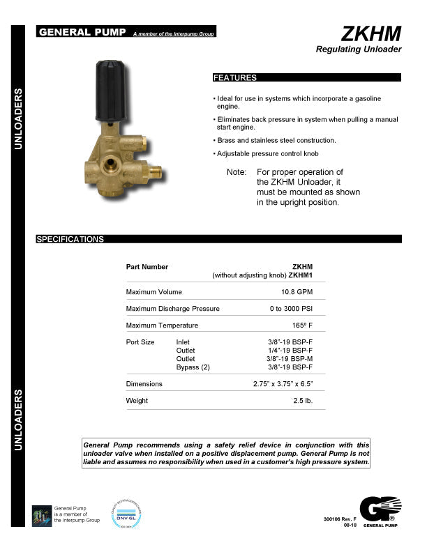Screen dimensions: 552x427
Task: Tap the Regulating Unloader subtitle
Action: [359, 49]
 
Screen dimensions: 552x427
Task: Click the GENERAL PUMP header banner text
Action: [82, 32]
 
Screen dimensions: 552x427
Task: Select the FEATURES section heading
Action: [235, 78]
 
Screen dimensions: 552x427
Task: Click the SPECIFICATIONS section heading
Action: [70, 239]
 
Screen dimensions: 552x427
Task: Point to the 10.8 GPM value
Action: [297, 291]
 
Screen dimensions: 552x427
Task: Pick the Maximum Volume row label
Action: [153, 291]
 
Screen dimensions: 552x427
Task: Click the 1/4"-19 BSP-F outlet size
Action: [291, 351]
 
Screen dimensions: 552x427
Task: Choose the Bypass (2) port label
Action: [193, 367]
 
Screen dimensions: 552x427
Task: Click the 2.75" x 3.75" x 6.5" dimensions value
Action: [283, 384]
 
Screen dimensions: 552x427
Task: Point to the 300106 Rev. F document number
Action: [340, 520]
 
